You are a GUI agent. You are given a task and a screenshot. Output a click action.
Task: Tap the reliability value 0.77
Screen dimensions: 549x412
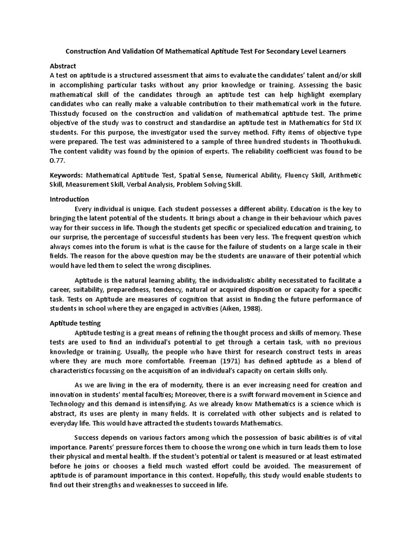(x=57, y=160)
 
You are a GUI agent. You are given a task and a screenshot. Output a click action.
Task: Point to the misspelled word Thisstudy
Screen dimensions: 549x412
(x=67, y=113)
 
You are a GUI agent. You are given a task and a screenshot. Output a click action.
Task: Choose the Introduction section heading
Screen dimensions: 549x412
(x=69, y=199)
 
